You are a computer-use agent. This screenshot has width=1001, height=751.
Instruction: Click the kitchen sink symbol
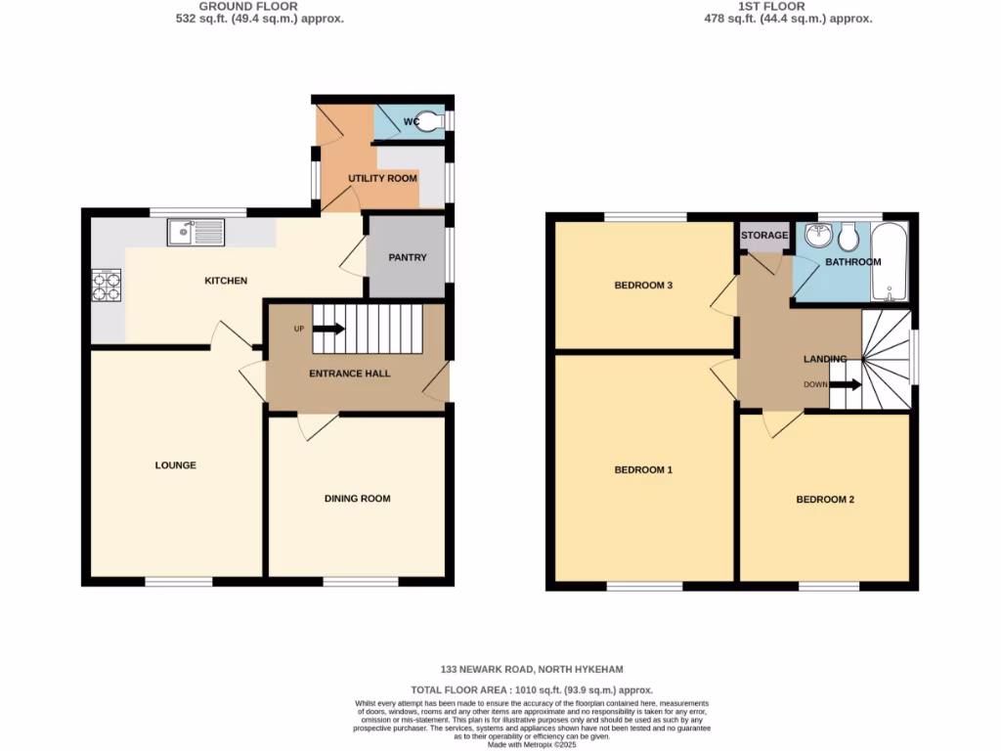tap(196, 232)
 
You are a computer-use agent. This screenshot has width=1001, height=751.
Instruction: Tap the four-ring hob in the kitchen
tap(106, 284)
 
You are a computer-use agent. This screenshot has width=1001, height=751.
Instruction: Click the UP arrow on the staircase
tap(327, 329)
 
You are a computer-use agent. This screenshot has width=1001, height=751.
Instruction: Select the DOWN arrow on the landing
tap(846, 384)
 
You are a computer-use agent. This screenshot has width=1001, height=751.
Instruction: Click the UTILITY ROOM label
tap(383, 178)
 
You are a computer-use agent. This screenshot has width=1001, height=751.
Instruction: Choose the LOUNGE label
tap(175, 464)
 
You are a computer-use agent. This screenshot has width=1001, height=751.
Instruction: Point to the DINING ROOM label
tap(357, 499)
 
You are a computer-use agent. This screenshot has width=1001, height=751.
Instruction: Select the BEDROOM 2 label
tap(825, 500)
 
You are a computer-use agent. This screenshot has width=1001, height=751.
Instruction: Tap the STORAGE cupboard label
tap(764, 236)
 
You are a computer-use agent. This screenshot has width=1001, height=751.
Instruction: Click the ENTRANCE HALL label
tap(350, 374)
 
